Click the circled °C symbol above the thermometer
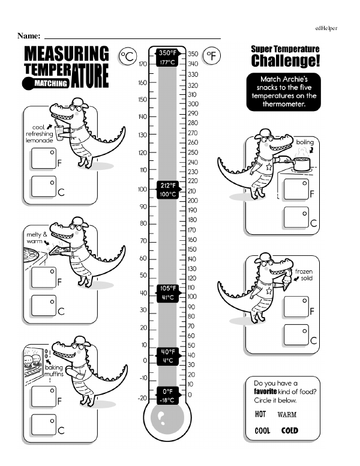pos(127,56)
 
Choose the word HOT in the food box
pos(260,414)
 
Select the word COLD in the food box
pos(289,431)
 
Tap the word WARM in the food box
pos(287,414)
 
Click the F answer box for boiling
pos(295,189)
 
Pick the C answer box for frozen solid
pos(295,335)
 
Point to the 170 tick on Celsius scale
pos(143,64)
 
